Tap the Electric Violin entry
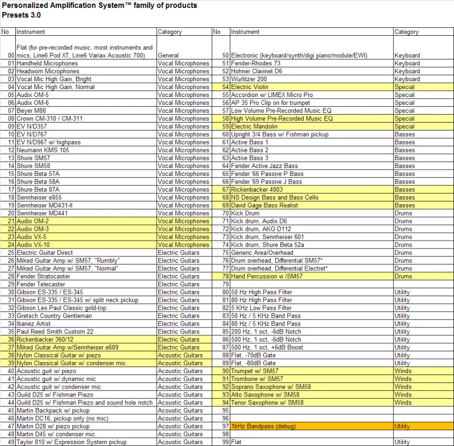(249, 87)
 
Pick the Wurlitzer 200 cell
(250, 79)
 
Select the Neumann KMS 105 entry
(43, 150)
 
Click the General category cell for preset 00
(169, 56)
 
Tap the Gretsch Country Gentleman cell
(54, 315)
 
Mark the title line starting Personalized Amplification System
(99, 6)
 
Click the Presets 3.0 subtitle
(21, 15)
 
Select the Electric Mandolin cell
(254, 127)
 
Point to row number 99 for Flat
(225, 441)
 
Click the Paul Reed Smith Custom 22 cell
(55, 331)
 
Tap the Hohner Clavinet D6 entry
(257, 71)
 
